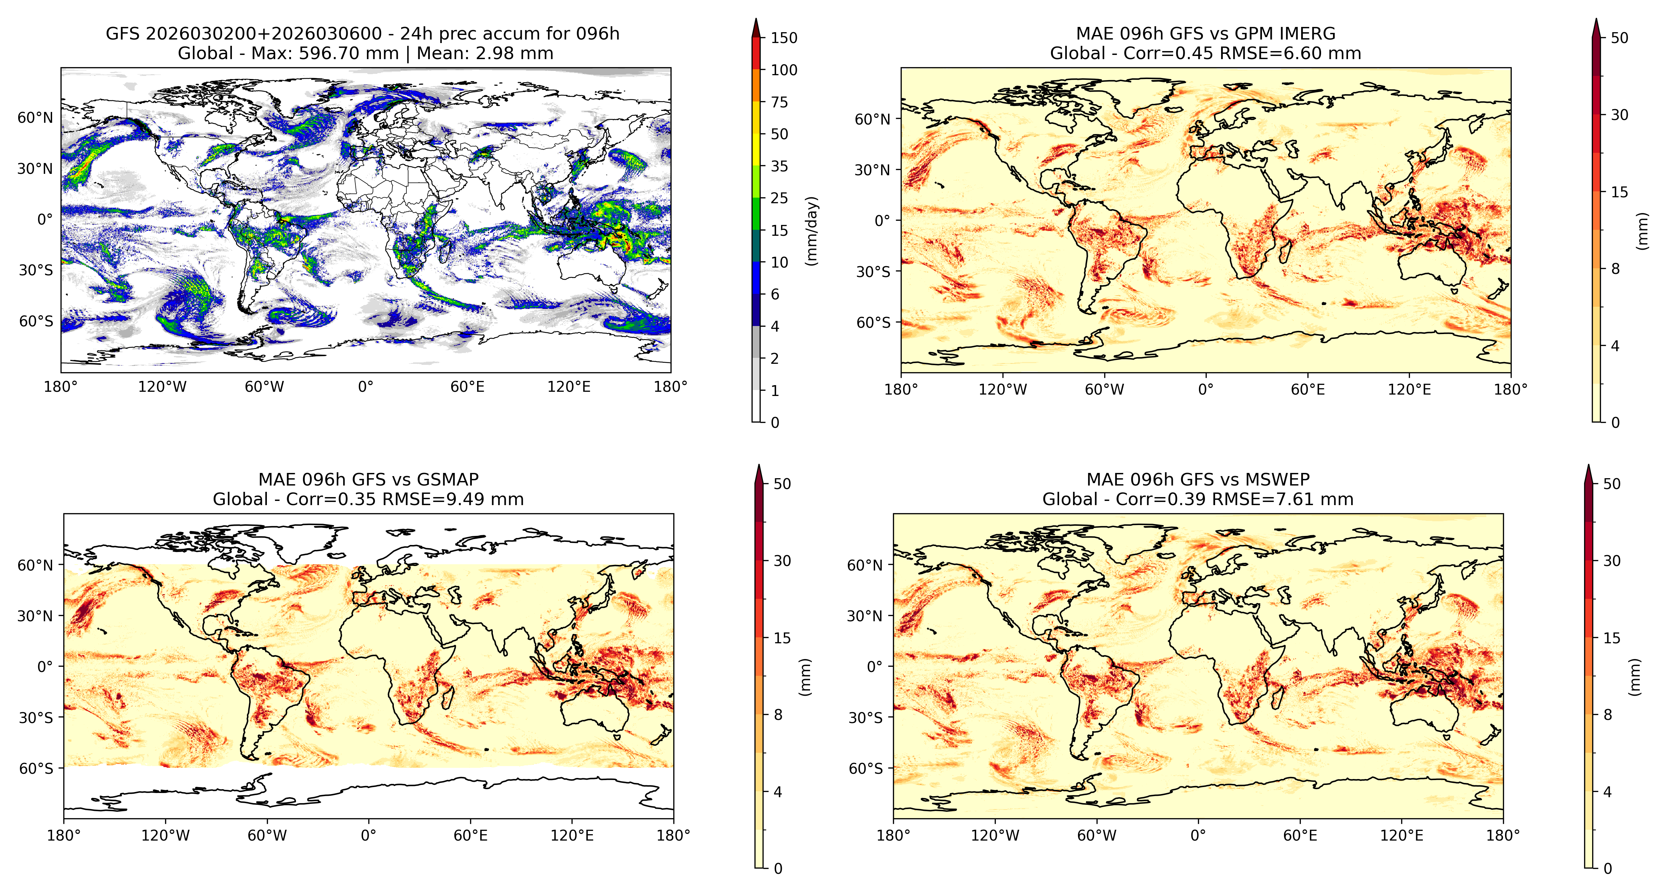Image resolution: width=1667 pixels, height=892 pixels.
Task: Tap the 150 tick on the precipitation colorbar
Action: pos(784,37)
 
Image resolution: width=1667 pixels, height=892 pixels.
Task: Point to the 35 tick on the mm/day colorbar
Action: pos(779,167)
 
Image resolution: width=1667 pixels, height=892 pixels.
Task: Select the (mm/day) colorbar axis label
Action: pos(811,231)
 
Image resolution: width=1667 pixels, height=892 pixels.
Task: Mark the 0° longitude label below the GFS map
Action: pos(366,387)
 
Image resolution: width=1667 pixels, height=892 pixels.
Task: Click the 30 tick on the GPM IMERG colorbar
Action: pos(1619,115)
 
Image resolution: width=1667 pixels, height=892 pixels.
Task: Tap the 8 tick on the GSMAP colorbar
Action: pos(778,715)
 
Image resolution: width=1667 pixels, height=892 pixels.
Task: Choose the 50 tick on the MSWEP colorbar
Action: pos(1611,483)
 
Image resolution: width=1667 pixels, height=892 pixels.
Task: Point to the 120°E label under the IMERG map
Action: pos(1410,390)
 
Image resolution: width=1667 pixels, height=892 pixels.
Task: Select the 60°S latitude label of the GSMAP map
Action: pos(36,769)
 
